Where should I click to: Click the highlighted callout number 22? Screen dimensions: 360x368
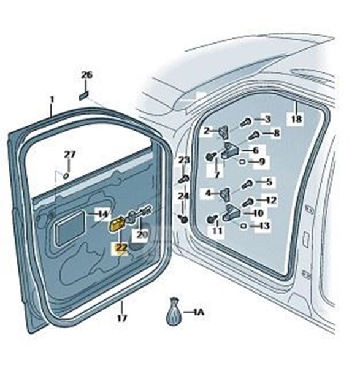click(x=121, y=248)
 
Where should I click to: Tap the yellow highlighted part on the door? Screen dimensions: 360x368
click(x=117, y=224)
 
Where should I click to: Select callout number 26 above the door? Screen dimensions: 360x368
click(x=87, y=75)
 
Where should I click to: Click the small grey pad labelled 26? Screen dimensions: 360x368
click(x=83, y=96)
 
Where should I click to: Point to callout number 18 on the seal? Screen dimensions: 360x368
click(x=296, y=119)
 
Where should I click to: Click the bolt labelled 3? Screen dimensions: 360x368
click(x=246, y=122)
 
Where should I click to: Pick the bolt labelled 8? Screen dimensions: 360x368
click(x=253, y=136)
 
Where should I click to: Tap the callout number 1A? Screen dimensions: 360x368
click(x=199, y=312)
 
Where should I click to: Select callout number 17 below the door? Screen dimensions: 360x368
click(x=122, y=318)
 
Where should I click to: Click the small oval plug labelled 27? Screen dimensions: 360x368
click(x=66, y=175)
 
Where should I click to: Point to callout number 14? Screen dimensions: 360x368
click(x=103, y=214)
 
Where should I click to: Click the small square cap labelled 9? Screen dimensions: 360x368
click(x=243, y=161)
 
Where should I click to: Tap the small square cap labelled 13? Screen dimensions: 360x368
click(x=244, y=226)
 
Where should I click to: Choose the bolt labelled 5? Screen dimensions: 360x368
click(x=247, y=184)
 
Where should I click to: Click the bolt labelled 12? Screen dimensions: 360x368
click(x=247, y=202)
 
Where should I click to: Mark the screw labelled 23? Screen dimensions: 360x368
click(x=184, y=179)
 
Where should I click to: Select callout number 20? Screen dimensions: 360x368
click(x=142, y=234)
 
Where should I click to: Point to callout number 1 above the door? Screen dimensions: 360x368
click(x=52, y=99)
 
